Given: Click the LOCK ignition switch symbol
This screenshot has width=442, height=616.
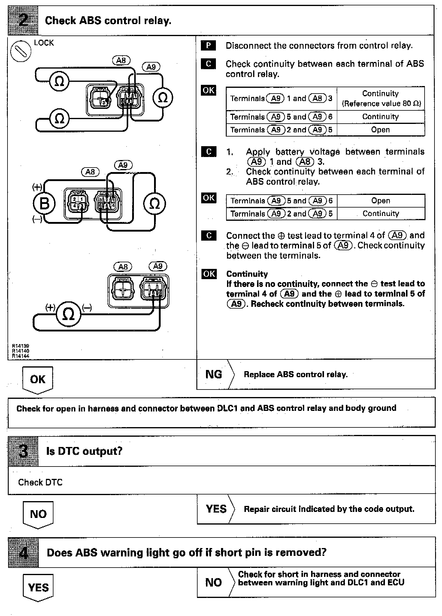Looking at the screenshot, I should point(21,51).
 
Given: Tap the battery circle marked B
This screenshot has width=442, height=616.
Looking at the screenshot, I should point(44,204).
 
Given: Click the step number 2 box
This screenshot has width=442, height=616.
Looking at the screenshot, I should point(23,20).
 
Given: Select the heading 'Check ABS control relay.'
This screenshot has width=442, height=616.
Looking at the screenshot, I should point(108,20).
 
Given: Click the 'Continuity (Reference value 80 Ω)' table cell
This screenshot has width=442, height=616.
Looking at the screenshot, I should point(380,98).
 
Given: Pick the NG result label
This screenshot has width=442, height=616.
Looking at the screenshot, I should point(213,374).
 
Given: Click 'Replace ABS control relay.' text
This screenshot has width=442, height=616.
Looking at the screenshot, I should point(295,374).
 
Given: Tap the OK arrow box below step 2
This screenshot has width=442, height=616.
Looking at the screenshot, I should point(38,380).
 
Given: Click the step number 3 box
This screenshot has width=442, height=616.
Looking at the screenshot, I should point(23,451).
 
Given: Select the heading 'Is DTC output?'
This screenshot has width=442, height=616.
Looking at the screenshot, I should point(84,451).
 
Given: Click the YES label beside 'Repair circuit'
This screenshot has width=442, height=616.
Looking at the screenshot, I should point(216,509).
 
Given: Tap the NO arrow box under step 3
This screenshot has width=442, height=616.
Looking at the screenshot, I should point(38,514).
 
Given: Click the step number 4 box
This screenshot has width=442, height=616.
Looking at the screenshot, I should point(23,553).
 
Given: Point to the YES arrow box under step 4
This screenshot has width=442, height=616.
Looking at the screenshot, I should point(38,587).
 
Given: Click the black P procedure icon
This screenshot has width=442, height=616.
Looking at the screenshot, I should point(208,46).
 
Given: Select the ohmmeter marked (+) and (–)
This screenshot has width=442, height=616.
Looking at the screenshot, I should point(68,314).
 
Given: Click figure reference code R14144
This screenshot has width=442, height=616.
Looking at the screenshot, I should point(20,356).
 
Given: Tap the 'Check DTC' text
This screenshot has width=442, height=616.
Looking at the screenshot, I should point(40,482).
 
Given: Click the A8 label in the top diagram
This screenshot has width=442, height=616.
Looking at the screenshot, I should point(121,60).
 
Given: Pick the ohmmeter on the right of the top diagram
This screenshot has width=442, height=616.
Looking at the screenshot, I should point(162,98).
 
